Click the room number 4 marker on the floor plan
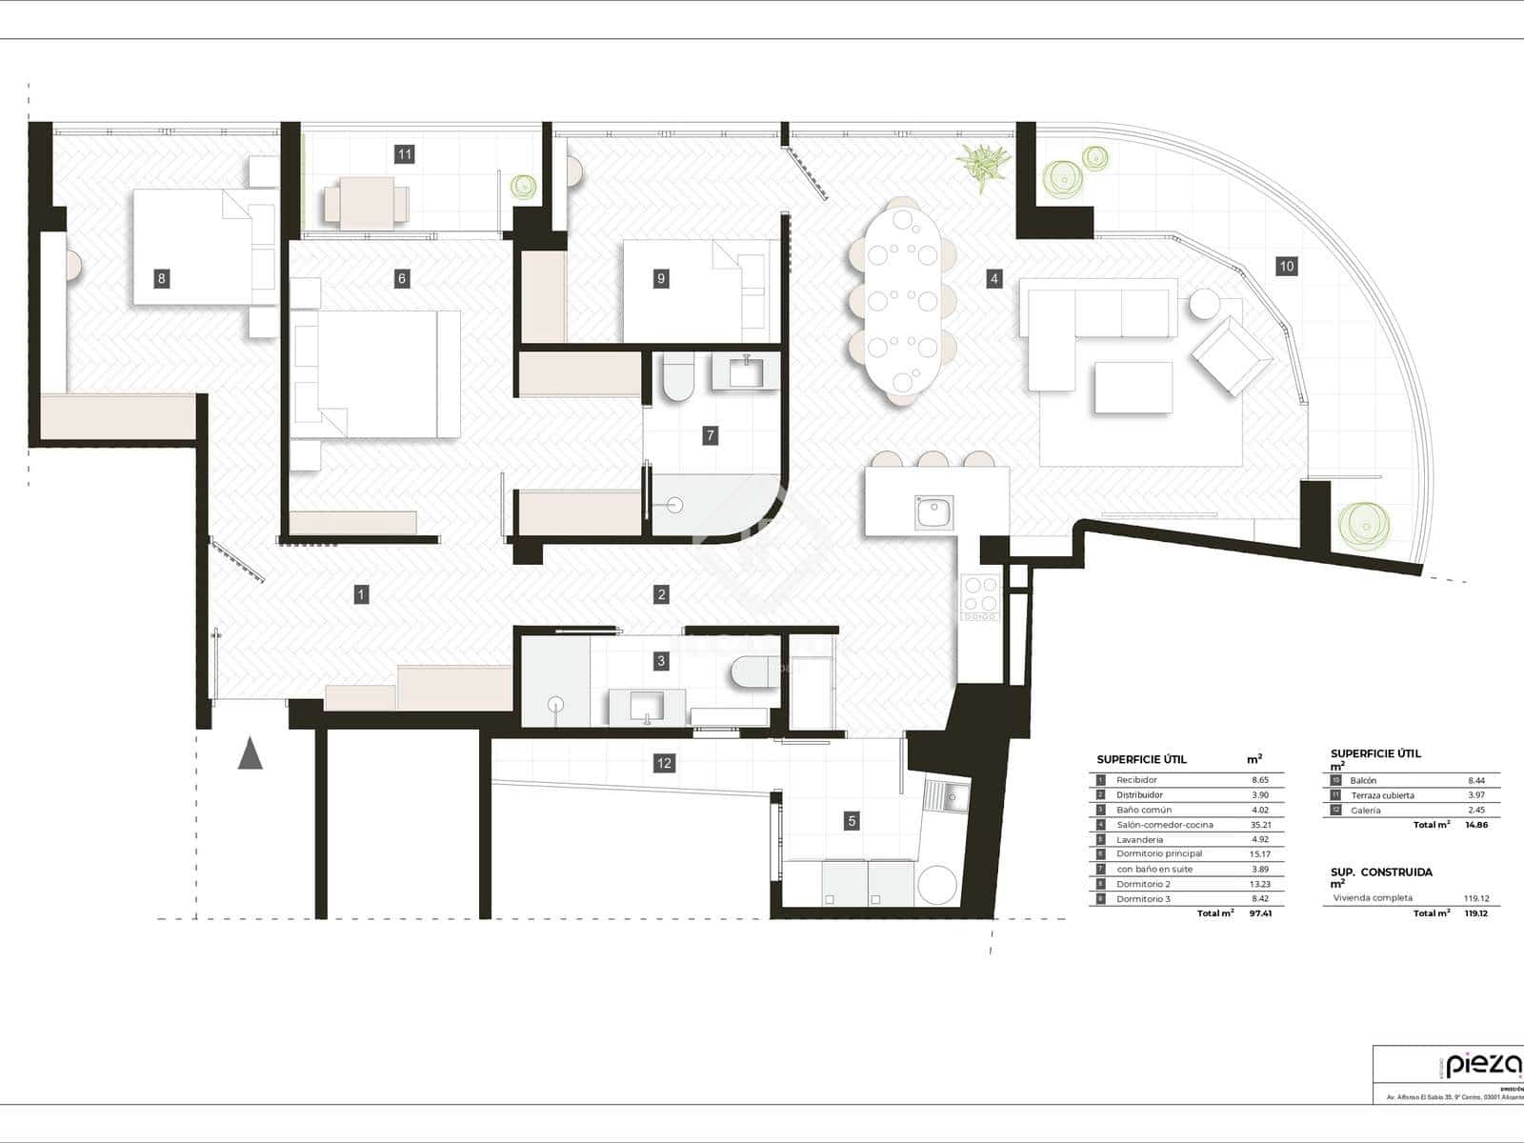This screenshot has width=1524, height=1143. tap(994, 279)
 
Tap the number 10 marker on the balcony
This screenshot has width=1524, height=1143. tap(1286, 267)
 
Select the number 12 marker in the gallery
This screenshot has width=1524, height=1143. tap(664, 763)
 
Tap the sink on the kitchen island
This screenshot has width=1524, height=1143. tap(934, 512)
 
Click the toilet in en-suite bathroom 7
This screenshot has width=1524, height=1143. tap(678, 379)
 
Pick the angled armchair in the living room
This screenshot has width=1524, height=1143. tap(1232, 356)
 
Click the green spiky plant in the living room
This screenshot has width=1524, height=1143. tap(983, 166)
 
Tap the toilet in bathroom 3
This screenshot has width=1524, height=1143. tap(753, 672)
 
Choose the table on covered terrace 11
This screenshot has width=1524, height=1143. tap(368, 203)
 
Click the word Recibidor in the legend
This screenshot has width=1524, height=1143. tap(1136, 780)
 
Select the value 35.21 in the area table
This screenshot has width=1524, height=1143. tap(1260, 825)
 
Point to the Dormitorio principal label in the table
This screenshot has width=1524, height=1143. tap(1159, 854)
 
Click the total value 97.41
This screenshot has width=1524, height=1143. tap(1260, 913)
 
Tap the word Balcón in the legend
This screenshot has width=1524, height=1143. tap(1363, 781)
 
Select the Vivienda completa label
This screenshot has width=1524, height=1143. tap(1373, 898)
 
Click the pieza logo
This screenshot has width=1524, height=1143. tap(1482, 1065)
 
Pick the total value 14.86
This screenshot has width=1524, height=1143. tap(1475, 825)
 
